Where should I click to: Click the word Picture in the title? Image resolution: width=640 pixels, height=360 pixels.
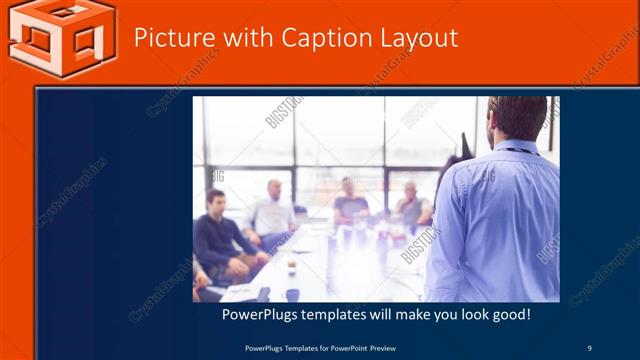tap(171, 38)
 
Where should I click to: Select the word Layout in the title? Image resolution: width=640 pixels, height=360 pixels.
tap(419, 38)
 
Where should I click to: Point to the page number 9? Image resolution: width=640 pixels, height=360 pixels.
tap(589, 347)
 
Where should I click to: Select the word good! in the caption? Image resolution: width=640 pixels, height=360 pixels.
tap(508, 315)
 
